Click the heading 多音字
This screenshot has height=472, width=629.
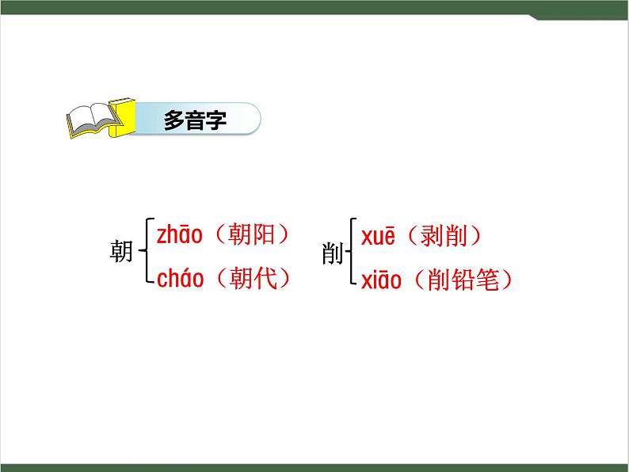click(x=195, y=121)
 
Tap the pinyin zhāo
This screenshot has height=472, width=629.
click(x=180, y=234)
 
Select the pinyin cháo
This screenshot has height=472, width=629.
click(x=181, y=279)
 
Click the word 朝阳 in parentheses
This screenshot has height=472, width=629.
click(x=250, y=234)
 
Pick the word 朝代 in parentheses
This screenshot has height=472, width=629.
click(x=250, y=279)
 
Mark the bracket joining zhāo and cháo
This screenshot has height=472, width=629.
click(x=145, y=252)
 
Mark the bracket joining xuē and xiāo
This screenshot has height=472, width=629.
click(x=352, y=253)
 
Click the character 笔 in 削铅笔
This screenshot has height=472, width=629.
click(x=490, y=280)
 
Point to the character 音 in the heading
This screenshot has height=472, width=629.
click(x=195, y=121)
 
